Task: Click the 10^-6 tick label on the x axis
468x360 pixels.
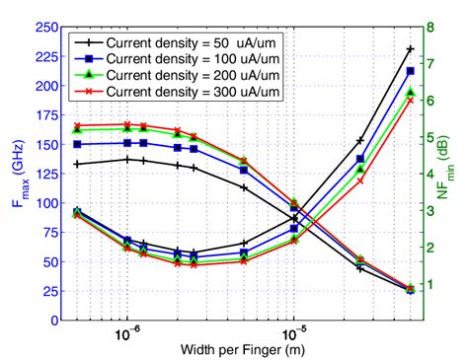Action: pyautogui.click(x=128, y=335)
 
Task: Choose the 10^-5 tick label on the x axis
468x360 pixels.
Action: pyautogui.click(x=293, y=335)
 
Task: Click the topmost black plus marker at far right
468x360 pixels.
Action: pyautogui.click(x=410, y=48)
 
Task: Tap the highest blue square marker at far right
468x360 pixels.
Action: pyautogui.click(x=410, y=71)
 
